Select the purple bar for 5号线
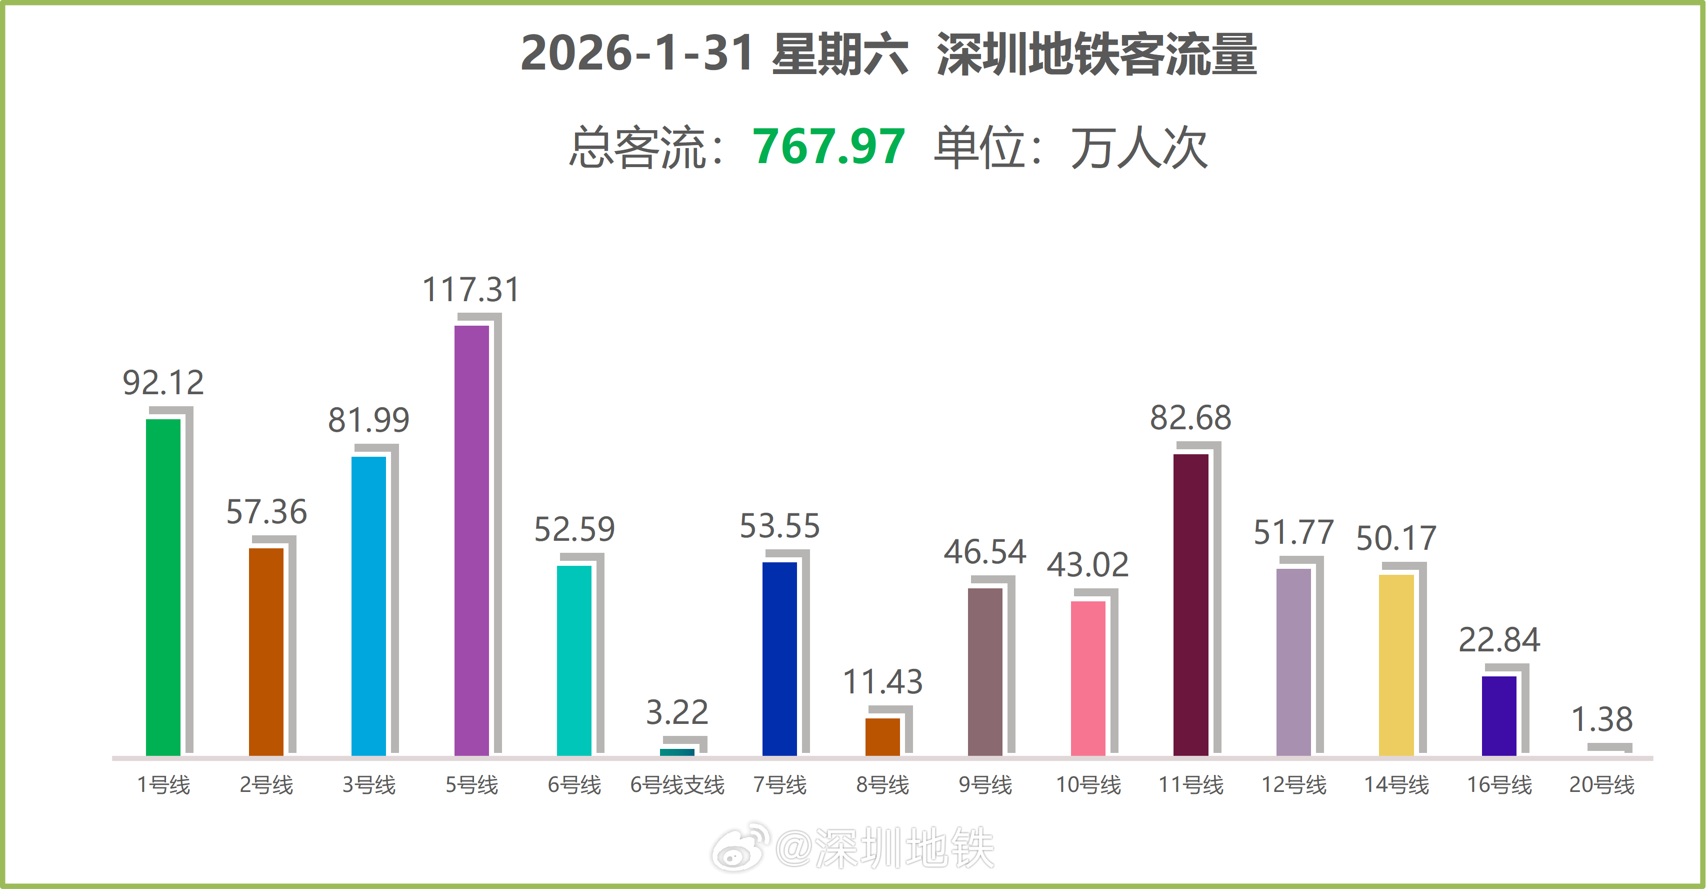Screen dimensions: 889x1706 (471, 540)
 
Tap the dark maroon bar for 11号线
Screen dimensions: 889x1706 (1191, 604)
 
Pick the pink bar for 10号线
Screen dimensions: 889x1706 (1088, 678)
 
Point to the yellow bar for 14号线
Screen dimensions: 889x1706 (1396, 664)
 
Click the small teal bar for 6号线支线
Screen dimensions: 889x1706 (677, 752)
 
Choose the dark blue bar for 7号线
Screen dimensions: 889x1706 (779, 658)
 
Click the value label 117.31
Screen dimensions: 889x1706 (471, 290)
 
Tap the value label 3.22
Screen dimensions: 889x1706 (677, 712)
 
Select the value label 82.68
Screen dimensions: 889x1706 (1191, 418)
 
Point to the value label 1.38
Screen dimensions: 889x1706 (1601, 719)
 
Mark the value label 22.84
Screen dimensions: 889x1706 (1499, 640)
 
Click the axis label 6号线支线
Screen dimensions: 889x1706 (677, 785)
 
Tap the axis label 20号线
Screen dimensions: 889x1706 (1601, 785)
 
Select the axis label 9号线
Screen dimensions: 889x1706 (985, 785)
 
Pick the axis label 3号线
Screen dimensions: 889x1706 (369, 785)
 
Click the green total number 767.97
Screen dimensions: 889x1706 (828, 147)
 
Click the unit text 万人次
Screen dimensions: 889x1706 (1139, 148)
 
